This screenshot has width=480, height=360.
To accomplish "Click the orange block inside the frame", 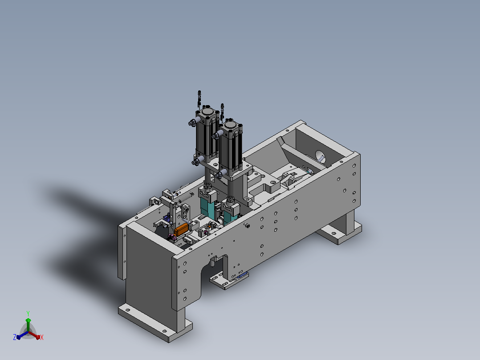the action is (x=181, y=229).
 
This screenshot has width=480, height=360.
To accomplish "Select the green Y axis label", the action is (x=28, y=314).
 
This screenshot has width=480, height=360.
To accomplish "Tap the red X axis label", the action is (x=42, y=337).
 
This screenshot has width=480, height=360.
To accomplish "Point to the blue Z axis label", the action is (x=15, y=337).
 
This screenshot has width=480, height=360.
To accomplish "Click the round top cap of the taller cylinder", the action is (x=207, y=111).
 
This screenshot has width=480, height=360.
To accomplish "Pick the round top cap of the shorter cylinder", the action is (x=230, y=125).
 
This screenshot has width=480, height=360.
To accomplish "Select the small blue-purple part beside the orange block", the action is (x=167, y=218).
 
